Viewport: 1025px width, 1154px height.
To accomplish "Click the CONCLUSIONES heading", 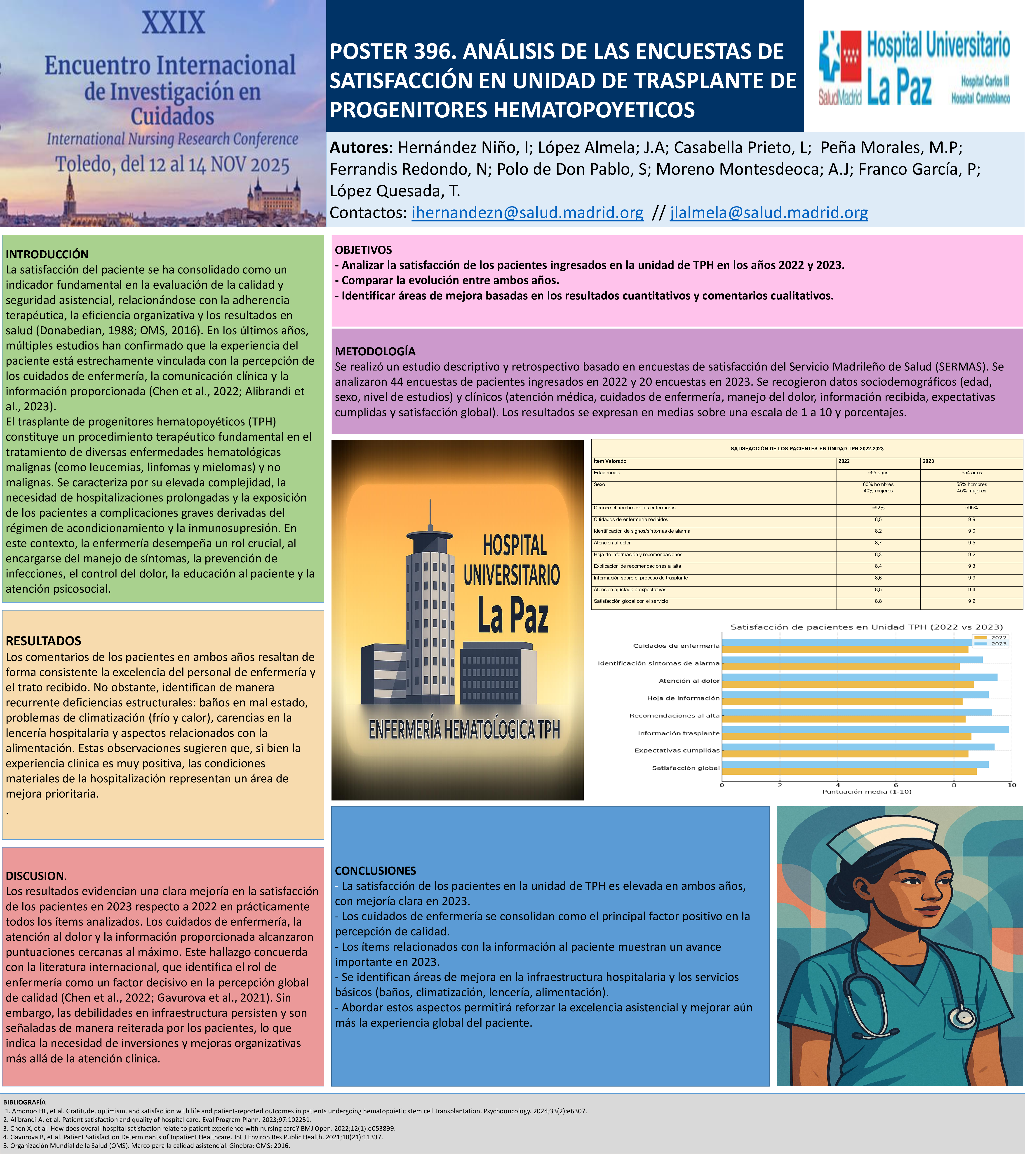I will [x=375, y=871].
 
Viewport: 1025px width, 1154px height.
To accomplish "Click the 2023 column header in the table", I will [x=929, y=461].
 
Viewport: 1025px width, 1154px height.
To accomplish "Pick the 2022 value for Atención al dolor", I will [x=878, y=543].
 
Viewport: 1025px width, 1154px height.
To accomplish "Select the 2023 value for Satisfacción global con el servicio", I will [x=971, y=601].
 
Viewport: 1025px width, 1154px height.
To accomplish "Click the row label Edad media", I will [x=607, y=473].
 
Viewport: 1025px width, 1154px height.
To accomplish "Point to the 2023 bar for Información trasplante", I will [x=865, y=729].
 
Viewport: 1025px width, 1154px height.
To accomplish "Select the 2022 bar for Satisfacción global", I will [x=849, y=771].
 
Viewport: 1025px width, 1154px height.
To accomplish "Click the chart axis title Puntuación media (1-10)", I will [x=867, y=792].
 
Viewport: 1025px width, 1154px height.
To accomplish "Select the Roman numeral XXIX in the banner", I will [x=173, y=23].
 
